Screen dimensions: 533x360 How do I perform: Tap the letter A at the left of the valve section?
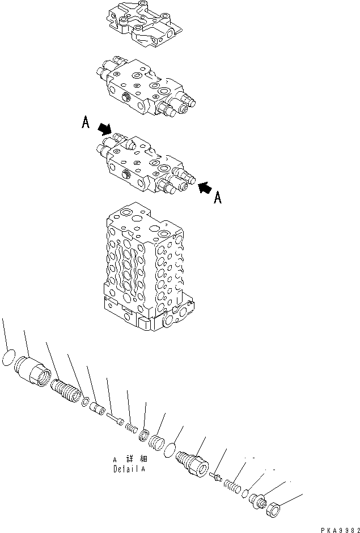point(86,123)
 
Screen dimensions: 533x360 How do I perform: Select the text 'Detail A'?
point(129,470)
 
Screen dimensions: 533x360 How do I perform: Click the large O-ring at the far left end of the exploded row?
point(8,359)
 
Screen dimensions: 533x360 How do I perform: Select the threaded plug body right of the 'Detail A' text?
point(193,460)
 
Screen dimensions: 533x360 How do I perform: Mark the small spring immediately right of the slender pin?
point(131,428)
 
